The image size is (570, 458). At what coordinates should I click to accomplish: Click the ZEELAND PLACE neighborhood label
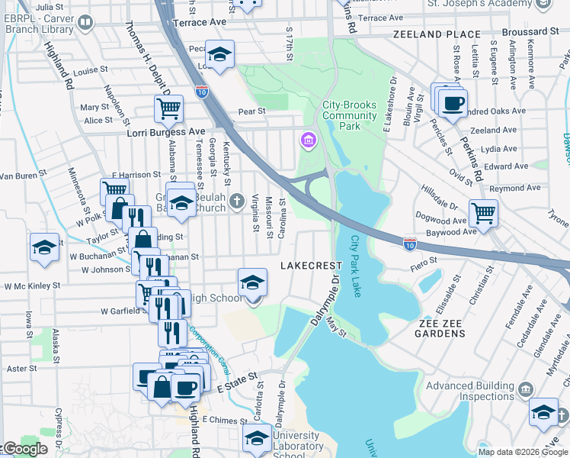coord(437,34)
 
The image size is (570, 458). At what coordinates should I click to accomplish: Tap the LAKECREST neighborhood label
coord(311,266)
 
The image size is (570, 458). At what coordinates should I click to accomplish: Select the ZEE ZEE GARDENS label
coord(447,323)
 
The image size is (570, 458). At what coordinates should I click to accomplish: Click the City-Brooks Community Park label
coord(350,115)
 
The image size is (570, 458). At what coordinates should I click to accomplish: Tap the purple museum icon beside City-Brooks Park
coord(309,140)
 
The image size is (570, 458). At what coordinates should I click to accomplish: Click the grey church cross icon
coord(237,202)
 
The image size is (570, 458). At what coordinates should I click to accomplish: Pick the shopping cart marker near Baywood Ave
coord(483,212)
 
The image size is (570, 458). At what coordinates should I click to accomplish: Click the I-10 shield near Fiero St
coord(409,243)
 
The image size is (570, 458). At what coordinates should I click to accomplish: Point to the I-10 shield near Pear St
coord(202,91)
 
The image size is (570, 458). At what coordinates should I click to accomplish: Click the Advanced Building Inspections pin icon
coord(524,391)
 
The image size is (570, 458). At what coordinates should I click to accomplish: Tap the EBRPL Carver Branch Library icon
coord(85,21)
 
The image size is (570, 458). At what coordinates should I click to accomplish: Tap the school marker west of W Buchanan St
coord(44,248)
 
